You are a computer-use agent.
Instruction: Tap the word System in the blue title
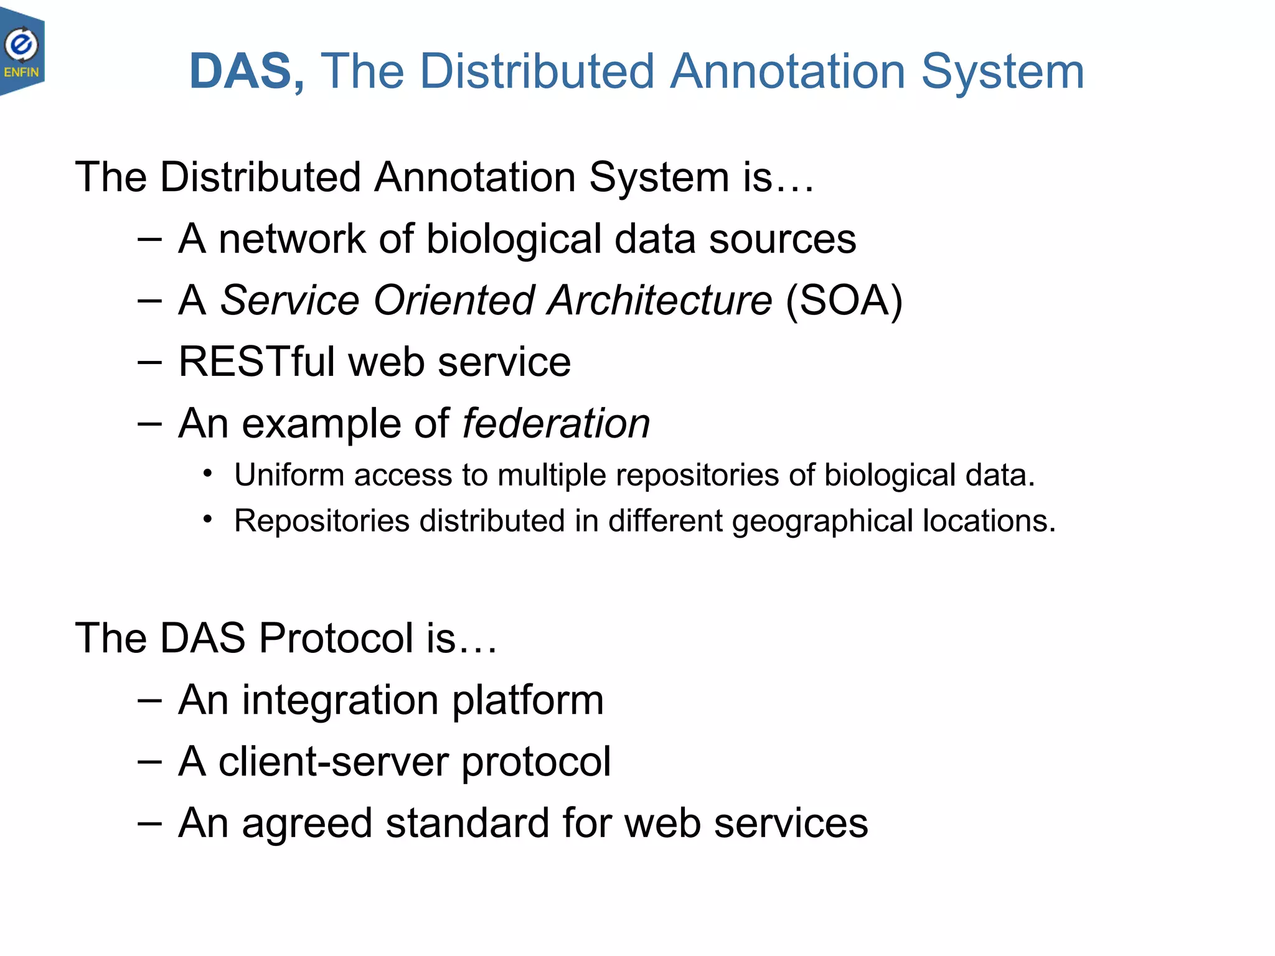[x=1002, y=72]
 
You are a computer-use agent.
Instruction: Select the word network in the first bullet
[x=292, y=239]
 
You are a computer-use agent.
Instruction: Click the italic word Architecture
[x=660, y=301]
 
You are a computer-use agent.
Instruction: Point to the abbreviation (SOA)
[x=844, y=301]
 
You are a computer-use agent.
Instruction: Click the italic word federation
[x=556, y=423]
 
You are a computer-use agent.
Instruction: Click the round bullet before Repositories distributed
[x=208, y=519]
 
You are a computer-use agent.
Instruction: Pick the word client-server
[x=334, y=761]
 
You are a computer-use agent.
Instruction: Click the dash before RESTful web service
[x=149, y=362]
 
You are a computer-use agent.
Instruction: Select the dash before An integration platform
[x=149, y=700]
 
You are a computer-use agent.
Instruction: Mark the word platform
[x=528, y=700]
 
